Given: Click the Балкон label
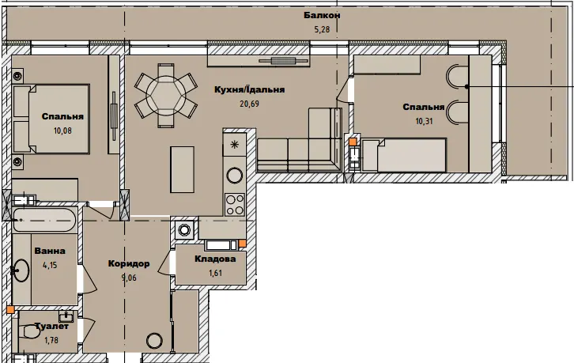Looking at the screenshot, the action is coord(322,15).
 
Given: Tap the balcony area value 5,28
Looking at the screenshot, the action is coord(322,29).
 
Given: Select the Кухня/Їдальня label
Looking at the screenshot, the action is coord(249,89).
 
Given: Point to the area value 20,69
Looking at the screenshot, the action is coord(249,104).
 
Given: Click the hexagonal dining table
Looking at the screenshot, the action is coord(166,96).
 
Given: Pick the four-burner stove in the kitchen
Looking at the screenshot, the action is coord(235,204).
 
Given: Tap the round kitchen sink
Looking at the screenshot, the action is coord(235,175).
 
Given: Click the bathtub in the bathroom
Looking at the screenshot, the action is coord(44,220).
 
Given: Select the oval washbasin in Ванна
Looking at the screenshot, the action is coord(21,270).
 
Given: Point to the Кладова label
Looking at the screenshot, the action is coord(215,259).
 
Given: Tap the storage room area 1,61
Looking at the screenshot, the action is coord(215,273).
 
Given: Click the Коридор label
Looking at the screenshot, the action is coord(129,263).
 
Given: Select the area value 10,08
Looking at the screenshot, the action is coord(62,130).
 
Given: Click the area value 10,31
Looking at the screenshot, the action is coord(424,121).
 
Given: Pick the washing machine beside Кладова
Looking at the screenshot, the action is coord(184,230).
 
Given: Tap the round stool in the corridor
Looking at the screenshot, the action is coord(154,341).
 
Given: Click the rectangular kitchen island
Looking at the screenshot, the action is coord(183,169).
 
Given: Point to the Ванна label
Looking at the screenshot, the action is coord(50,251).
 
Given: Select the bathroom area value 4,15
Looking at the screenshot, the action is coord(50,264).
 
